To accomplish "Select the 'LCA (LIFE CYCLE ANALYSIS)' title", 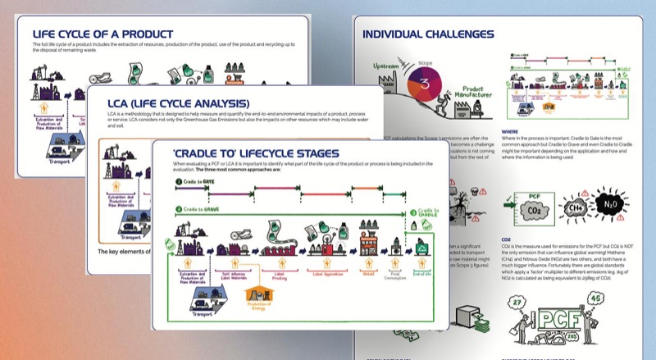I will [178, 103].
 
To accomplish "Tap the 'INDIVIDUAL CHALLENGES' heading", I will [427, 34].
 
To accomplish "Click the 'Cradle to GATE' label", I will [193, 180].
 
